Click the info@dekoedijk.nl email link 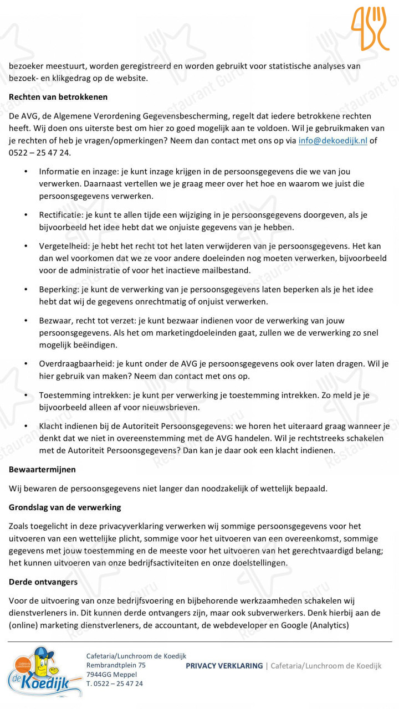pyautogui.click(x=332, y=141)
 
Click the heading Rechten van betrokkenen pyautogui.click(x=58, y=97)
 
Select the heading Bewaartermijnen pyautogui.click(x=43, y=469)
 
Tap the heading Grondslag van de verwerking pyautogui.click(x=65, y=507)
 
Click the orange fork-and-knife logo pyautogui.click(x=370, y=29)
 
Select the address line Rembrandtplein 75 pyautogui.click(x=116, y=665)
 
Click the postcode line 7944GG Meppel pyautogui.click(x=112, y=674)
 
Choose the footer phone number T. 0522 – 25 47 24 pyautogui.click(x=115, y=684)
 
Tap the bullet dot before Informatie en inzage pyautogui.click(x=26, y=172)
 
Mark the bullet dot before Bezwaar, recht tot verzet pyautogui.click(x=26, y=320)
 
